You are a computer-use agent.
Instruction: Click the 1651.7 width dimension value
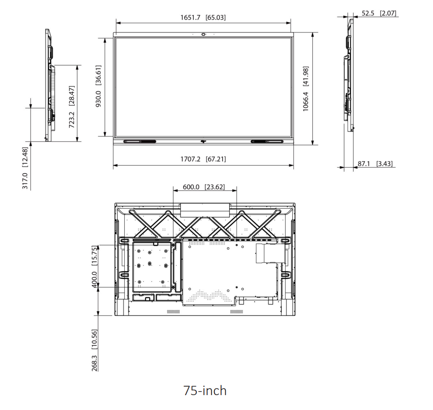pyautogui.click(x=203, y=18)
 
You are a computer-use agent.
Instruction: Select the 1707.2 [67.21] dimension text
pyautogui.click(x=203, y=159)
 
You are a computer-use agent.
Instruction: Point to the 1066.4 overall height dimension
pyautogui.click(x=306, y=89)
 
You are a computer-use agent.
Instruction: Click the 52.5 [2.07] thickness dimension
pyautogui.click(x=379, y=13)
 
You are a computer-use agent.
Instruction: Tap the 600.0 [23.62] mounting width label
pyautogui.click(x=204, y=187)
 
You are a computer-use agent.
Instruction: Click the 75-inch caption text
pyautogui.click(x=205, y=390)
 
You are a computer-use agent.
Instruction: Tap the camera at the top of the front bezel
pyautogui.click(x=204, y=34)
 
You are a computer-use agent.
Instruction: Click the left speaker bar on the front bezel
pyautogui.click(x=140, y=142)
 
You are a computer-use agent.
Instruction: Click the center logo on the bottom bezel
pyautogui.click(x=204, y=142)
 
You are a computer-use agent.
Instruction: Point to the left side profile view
pyautogui.click(x=49, y=86)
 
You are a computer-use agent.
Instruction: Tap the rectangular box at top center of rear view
pyautogui.click(x=205, y=210)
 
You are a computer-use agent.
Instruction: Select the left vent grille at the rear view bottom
pyautogui.click(x=173, y=312)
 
